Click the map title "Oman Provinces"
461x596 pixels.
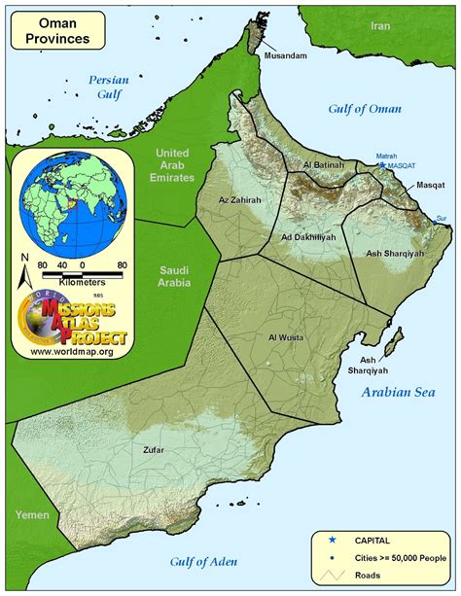[x=58, y=31]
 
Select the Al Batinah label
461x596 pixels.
[x=324, y=166]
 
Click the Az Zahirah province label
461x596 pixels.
[x=240, y=199]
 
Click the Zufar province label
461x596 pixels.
[x=152, y=450]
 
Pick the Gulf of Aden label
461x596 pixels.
[x=205, y=561]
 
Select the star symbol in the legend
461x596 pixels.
[x=333, y=539]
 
